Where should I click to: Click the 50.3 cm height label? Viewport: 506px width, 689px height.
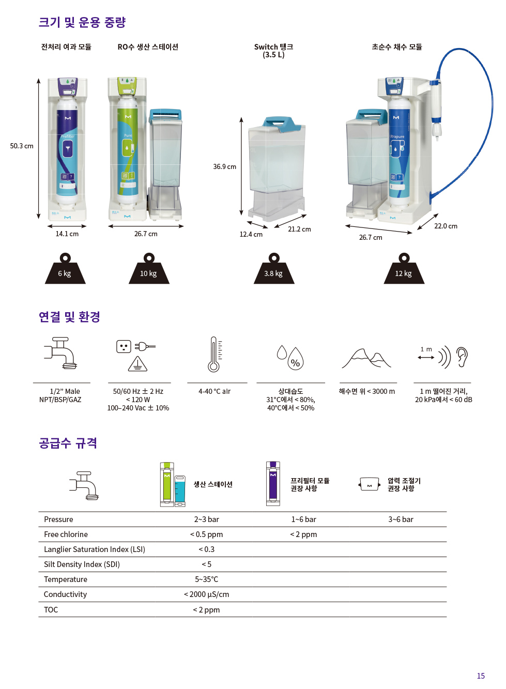point(22,146)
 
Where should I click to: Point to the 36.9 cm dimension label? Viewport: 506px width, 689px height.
point(224,167)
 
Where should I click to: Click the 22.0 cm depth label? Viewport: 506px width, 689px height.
point(446,226)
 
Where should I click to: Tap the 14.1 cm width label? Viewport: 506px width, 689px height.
point(67,234)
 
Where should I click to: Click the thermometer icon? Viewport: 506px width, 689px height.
point(214,354)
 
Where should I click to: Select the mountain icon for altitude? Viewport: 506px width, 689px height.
point(366,358)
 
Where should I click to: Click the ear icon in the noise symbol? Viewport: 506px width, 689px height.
point(462,357)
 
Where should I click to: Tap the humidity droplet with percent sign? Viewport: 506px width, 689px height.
point(295,359)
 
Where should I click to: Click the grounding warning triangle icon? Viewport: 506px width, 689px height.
point(137,364)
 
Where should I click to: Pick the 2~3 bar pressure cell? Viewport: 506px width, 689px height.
point(206,519)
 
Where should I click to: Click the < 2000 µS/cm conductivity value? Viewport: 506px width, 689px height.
point(206,594)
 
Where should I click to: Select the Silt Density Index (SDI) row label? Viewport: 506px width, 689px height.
point(82,564)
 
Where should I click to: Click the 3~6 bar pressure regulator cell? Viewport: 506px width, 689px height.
point(401,519)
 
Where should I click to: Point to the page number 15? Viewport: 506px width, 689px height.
point(481,676)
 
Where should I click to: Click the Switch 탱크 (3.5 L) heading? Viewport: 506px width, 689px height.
point(273,51)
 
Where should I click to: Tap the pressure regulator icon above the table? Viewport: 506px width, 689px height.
point(369,484)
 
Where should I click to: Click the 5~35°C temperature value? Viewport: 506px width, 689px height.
point(206,579)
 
